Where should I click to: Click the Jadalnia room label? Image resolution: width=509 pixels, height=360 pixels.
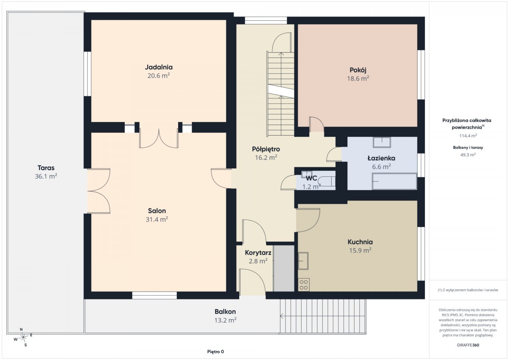[x=159, y=67]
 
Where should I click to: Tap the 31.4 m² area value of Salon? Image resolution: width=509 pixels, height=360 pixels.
[x=157, y=219]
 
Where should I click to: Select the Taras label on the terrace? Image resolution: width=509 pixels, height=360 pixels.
[x=46, y=168]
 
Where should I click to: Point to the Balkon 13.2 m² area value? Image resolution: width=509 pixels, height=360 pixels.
[x=225, y=320]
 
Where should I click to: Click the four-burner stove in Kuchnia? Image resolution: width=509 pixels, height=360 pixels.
[x=304, y=285]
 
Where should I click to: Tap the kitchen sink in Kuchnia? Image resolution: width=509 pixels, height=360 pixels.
[x=303, y=261]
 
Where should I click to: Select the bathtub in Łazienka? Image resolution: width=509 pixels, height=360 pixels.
[x=394, y=181]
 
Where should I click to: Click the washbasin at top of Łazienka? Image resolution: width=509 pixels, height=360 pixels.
[x=382, y=142]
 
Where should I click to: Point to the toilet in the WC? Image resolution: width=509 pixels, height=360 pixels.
[x=327, y=182]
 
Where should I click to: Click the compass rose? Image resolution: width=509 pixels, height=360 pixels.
[x=23, y=337]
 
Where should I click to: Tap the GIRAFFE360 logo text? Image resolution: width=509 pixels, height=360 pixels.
[x=468, y=345]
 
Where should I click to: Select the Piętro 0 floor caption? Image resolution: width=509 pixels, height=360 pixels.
[x=215, y=352]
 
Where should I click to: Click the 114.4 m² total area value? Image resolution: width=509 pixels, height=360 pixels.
[x=468, y=136]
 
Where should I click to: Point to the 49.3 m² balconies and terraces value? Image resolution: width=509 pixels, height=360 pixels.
[x=468, y=155]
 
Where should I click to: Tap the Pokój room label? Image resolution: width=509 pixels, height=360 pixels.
[x=358, y=70]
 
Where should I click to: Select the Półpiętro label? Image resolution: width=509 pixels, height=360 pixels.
[x=266, y=149]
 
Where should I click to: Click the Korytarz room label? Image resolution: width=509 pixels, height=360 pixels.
[x=258, y=253]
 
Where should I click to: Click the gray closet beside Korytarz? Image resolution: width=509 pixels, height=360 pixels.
[x=284, y=268]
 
